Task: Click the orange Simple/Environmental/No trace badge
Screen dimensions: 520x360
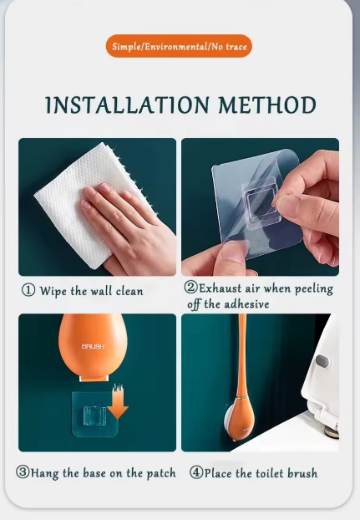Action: (x=180, y=46)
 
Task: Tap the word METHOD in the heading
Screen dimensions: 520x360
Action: (x=268, y=106)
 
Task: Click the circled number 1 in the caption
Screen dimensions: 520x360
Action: (x=28, y=291)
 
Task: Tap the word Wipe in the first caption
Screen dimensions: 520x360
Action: (x=54, y=291)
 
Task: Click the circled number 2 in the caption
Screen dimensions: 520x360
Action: (x=190, y=288)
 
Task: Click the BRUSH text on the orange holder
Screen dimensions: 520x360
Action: (x=94, y=346)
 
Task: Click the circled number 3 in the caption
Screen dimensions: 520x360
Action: (x=23, y=472)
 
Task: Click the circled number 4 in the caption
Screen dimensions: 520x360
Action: (x=196, y=472)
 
